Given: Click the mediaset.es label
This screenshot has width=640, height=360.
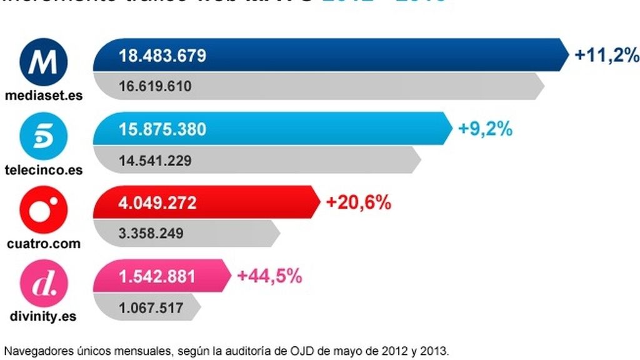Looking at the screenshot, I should coord(43,96).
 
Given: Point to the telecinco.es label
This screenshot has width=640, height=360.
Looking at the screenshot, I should coord(43,170).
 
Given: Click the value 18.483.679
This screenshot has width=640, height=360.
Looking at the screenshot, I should coord(162,56).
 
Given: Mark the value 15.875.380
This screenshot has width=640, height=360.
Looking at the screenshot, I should coord(162,129).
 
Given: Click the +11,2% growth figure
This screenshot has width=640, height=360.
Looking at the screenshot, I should coord(607,56).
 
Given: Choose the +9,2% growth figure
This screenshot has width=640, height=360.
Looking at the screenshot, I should coord(486,129).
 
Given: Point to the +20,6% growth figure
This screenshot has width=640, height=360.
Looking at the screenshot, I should coord(359,203).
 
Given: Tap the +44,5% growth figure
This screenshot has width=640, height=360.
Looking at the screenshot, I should coord(270,276).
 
